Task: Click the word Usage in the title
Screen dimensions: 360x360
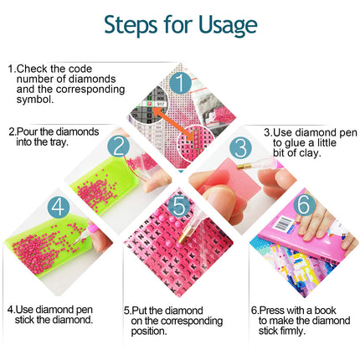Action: click(228, 26)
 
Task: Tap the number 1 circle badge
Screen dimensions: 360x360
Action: click(181, 83)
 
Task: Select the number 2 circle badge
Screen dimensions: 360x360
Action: click(119, 147)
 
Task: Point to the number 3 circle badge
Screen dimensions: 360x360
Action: click(241, 147)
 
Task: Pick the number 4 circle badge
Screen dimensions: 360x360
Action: click(59, 207)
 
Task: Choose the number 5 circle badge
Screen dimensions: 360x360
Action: click(179, 206)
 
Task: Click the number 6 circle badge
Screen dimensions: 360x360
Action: click(304, 205)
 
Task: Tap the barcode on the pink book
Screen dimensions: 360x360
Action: click(283, 224)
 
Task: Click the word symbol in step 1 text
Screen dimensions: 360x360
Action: click(35, 100)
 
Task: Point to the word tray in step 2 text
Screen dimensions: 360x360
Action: click(59, 142)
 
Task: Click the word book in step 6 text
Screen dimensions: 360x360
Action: click(325, 311)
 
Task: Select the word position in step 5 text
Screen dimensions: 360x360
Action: click(149, 332)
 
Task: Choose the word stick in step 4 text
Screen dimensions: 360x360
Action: click(25, 320)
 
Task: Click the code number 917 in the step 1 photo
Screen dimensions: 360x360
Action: click(161, 104)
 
